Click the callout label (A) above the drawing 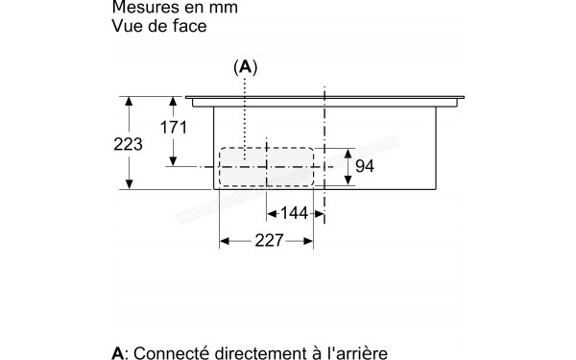pyautogui.click(x=246, y=67)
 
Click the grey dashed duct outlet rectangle pyautogui.click(x=267, y=167)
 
